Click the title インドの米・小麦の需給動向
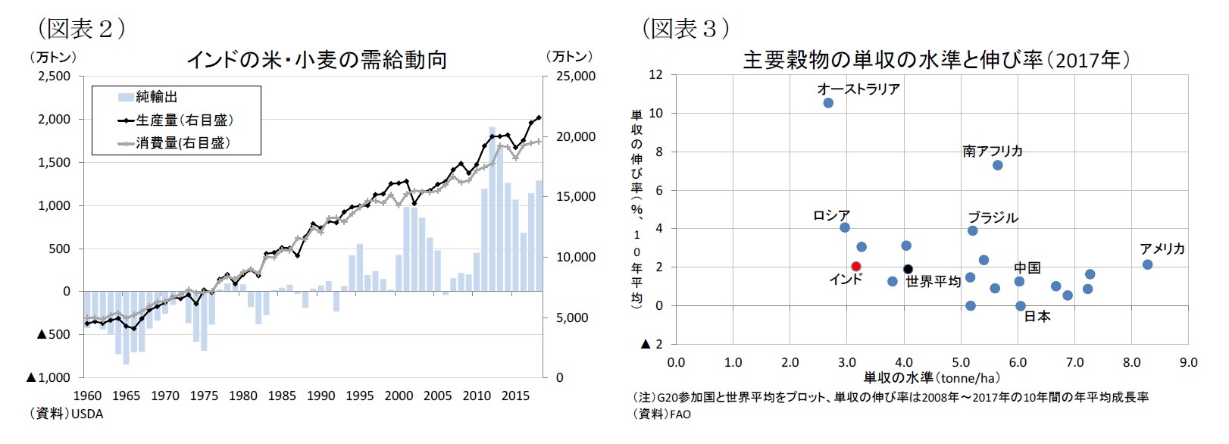click(316, 59)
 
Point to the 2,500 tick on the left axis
click(54, 76)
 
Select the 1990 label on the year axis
click(321, 396)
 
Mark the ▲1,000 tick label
click(48, 377)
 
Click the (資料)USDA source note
click(67, 414)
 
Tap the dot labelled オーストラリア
click(828, 102)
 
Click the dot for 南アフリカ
click(997, 165)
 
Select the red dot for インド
click(855, 266)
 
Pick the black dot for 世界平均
click(908, 269)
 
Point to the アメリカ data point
click(1147, 264)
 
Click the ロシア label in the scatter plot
click(831, 215)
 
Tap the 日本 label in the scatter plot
click(1037, 317)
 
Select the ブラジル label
click(993, 217)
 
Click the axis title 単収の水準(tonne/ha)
click(931, 377)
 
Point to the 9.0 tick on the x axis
click(1188, 362)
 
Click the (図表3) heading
click(686, 28)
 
